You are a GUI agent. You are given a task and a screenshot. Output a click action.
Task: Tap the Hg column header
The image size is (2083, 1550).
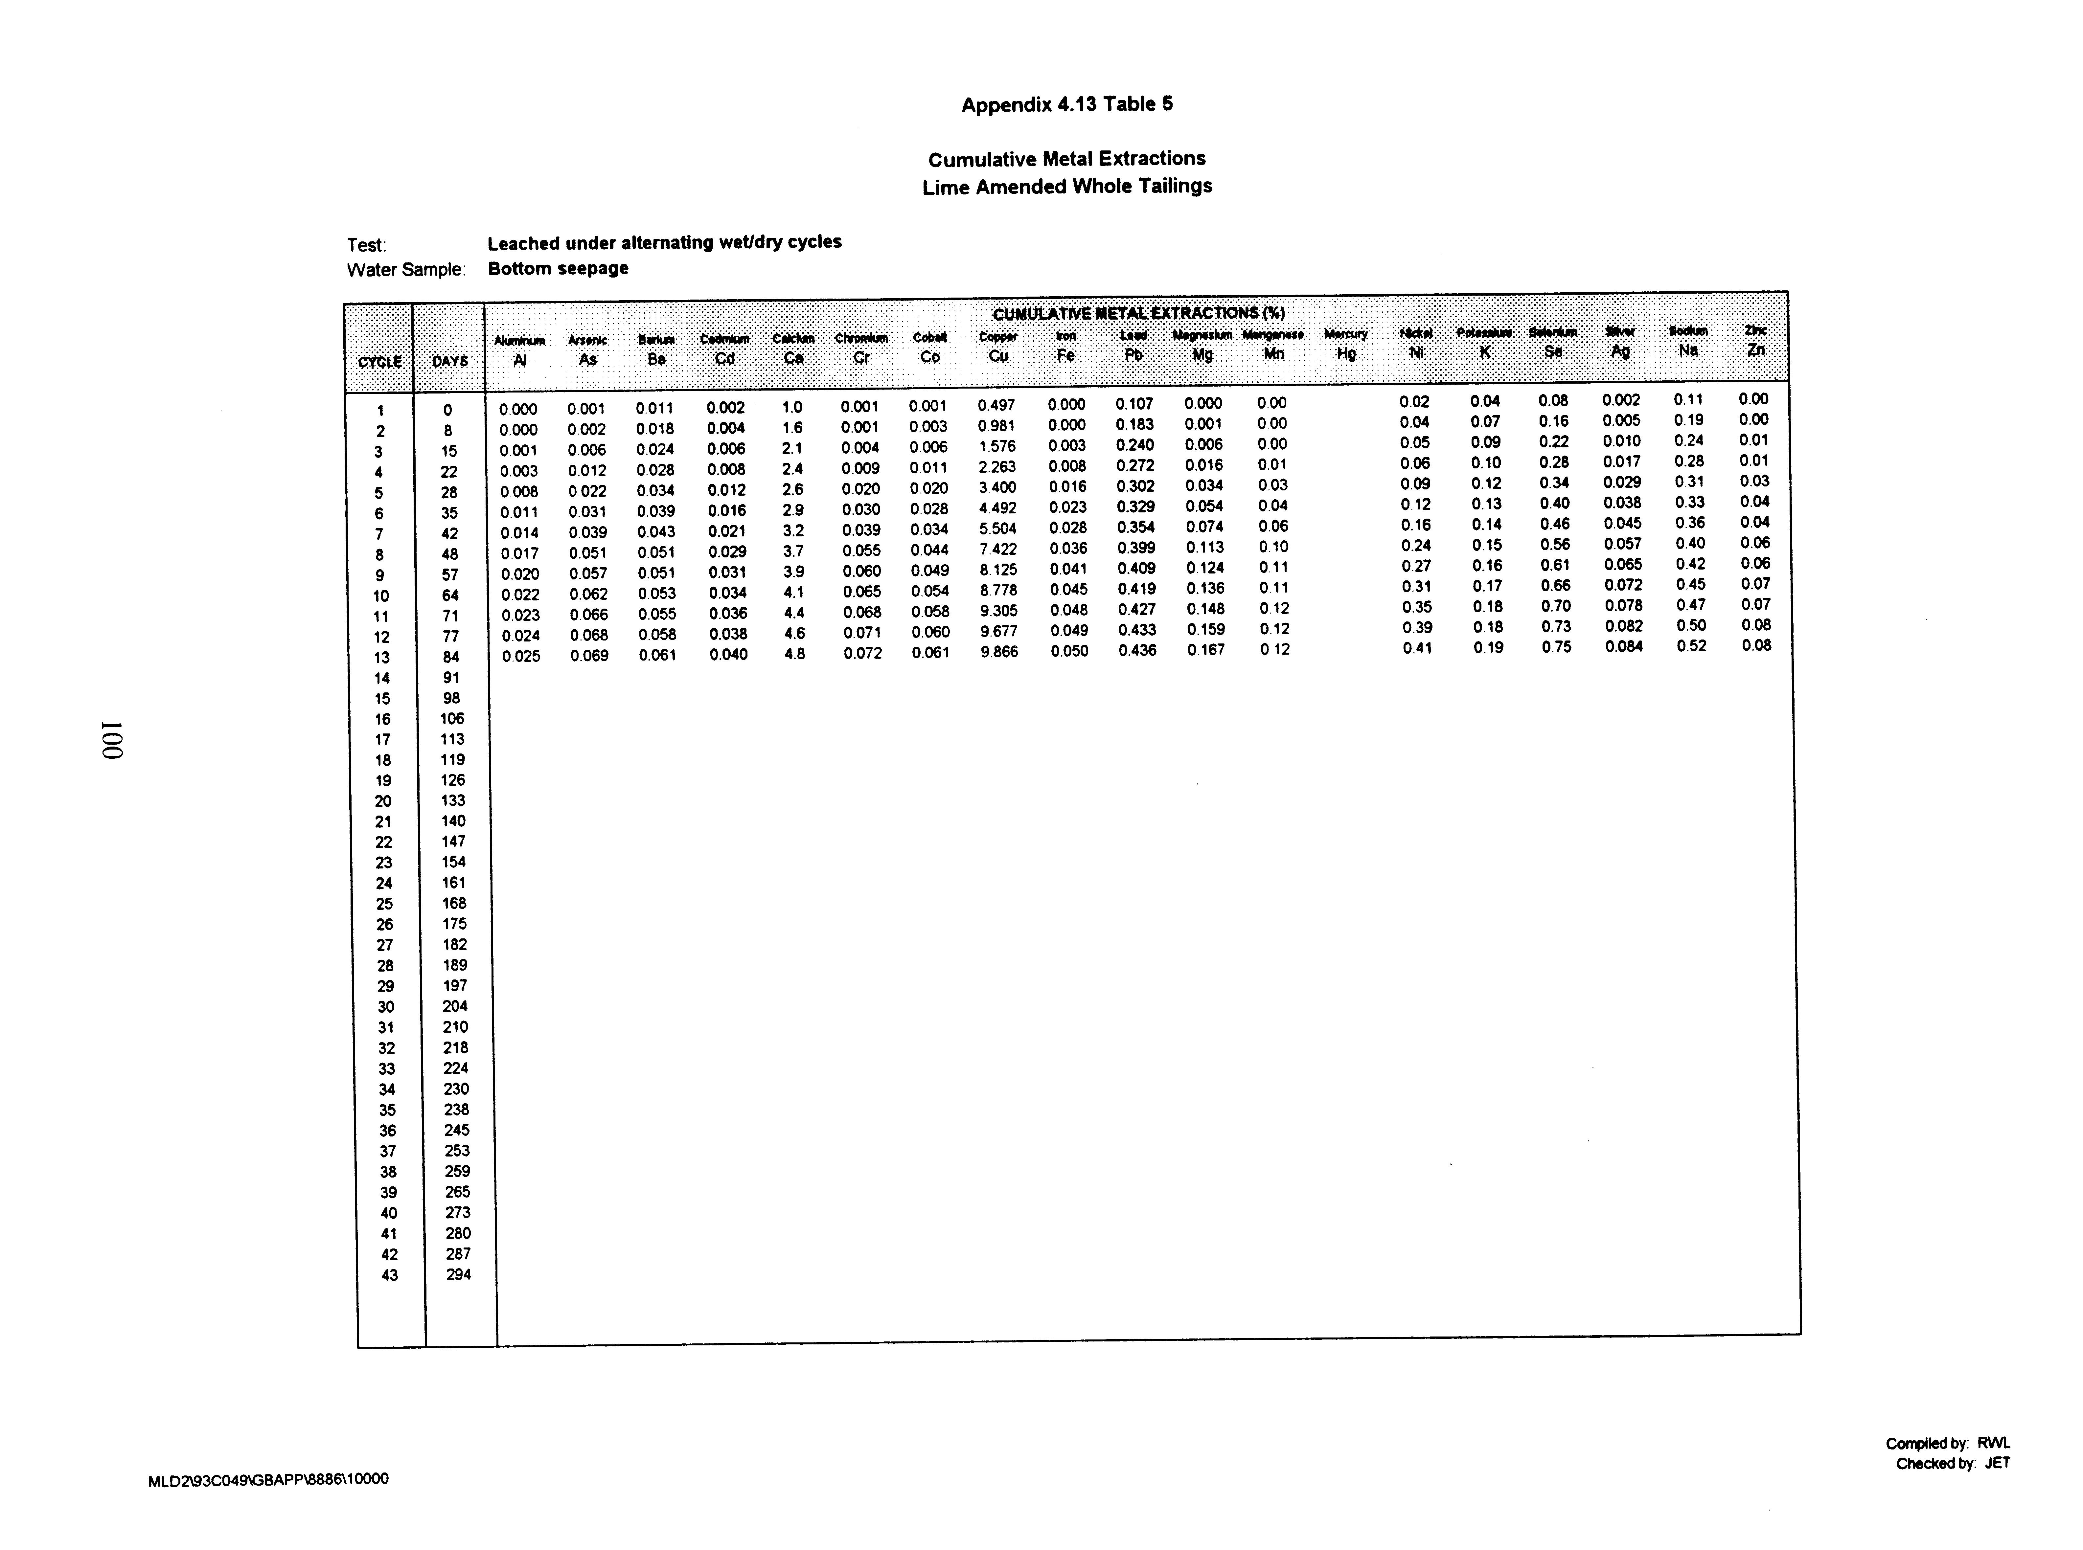point(1345,354)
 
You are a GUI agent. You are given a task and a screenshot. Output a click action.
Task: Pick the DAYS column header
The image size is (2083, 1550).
point(449,361)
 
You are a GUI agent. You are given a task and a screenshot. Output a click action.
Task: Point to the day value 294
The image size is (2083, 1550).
point(458,1274)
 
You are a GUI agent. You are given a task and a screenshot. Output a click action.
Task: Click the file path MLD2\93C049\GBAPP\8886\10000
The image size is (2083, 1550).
point(268,1480)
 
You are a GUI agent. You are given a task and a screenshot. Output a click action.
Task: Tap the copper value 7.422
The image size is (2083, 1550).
point(997,549)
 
